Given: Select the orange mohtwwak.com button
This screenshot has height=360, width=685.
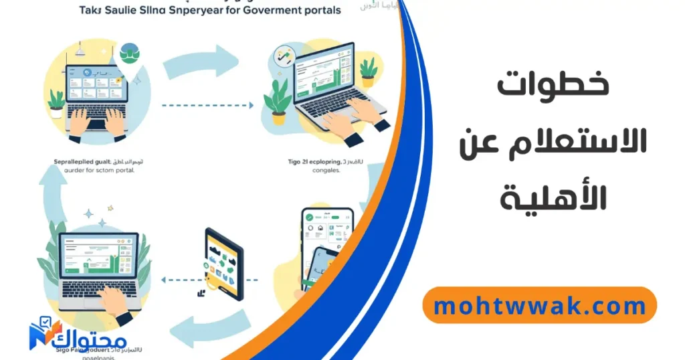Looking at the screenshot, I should point(540,306).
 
